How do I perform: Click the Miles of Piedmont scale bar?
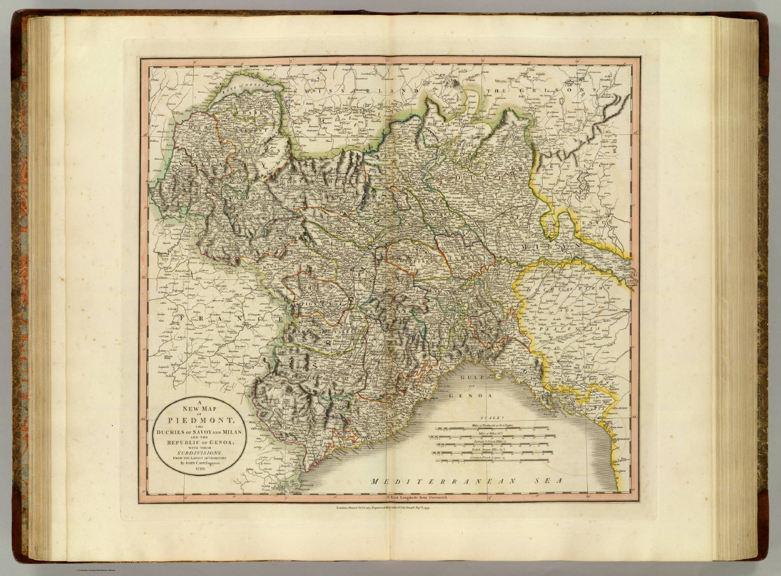click(492, 427)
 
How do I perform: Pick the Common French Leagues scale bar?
click(492, 461)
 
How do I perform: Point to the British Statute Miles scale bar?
click(492, 452)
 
